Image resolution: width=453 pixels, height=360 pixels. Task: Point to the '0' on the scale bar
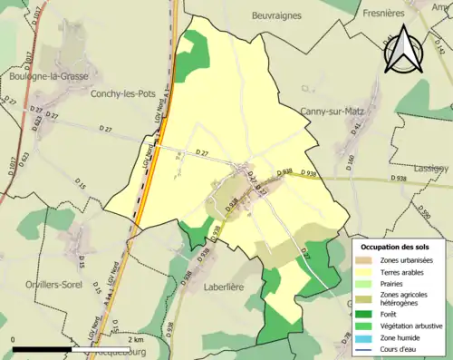tap(14, 339)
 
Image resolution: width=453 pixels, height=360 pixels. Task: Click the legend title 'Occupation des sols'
tap(400, 247)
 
